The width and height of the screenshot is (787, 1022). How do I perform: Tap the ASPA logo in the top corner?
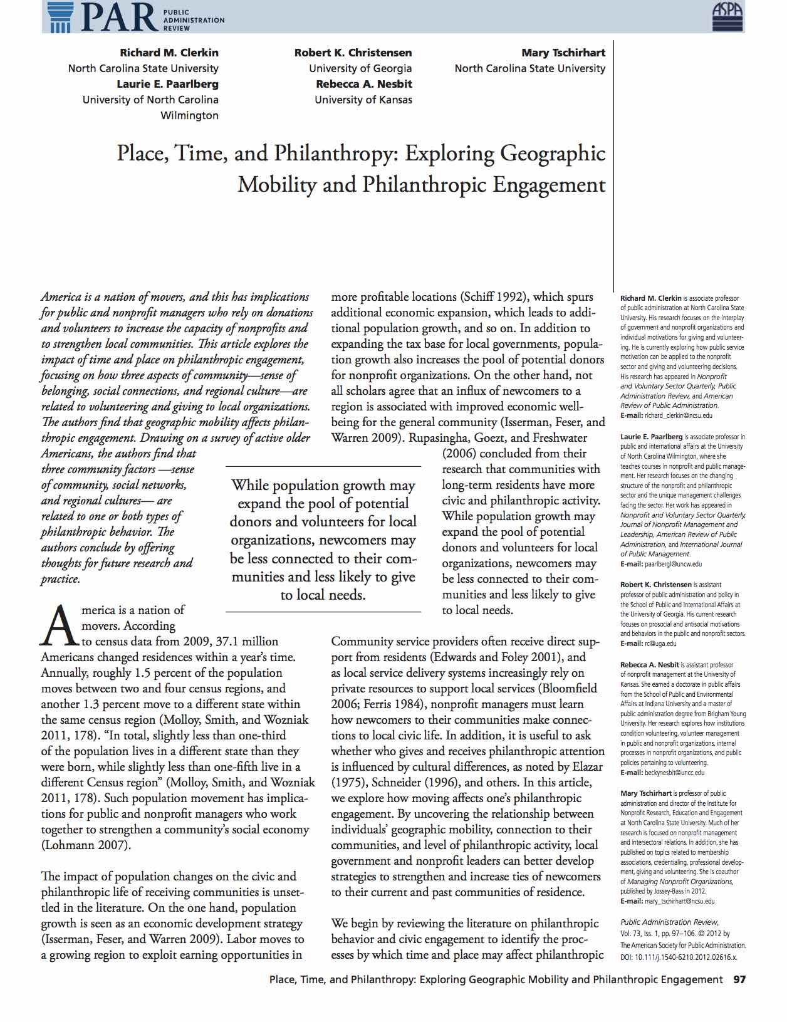(x=727, y=16)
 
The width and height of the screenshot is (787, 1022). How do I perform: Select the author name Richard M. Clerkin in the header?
(x=169, y=53)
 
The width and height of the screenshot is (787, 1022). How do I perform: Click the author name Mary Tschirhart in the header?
(x=563, y=53)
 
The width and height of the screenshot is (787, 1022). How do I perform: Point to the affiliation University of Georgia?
(x=360, y=68)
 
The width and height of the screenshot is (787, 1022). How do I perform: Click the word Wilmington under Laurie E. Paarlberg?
(x=189, y=115)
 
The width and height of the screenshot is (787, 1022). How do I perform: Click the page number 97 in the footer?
(x=739, y=979)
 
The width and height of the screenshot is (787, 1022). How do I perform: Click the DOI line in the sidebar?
(x=679, y=958)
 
